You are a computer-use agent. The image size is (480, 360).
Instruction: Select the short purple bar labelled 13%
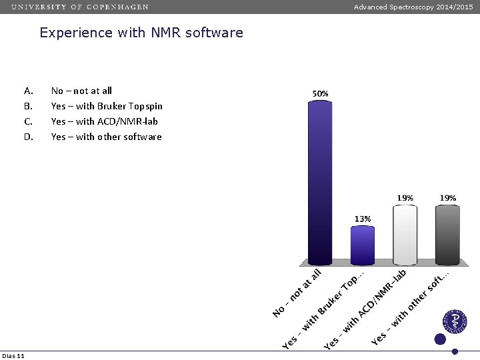pyautogui.click(x=363, y=245)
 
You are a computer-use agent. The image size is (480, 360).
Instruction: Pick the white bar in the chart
pyautogui.click(x=405, y=235)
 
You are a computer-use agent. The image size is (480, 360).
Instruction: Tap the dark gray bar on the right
pyautogui.click(x=447, y=235)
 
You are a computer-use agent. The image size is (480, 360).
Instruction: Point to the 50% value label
pyautogui.click(x=320, y=94)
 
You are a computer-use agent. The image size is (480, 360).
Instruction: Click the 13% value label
pyautogui.click(x=363, y=219)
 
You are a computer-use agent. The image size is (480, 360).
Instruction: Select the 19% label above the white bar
pyautogui.click(x=405, y=198)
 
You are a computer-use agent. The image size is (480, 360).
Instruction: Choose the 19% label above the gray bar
pyautogui.click(x=447, y=198)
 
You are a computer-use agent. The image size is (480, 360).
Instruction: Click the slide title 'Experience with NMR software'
pyautogui.click(x=141, y=33)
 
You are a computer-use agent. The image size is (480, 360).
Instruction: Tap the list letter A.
pyautogui.click(x=28, y=91)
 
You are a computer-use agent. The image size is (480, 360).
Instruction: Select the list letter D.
pyautogui.click(x=28, y=137)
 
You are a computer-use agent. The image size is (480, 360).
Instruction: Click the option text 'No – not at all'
pyautogui.click(x=81, y=91)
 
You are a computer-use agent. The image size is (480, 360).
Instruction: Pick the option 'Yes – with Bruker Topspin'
pyautogui.click(x=107, y=106)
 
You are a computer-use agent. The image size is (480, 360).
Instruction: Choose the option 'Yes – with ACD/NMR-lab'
pyautogui.click(x=104, y=121)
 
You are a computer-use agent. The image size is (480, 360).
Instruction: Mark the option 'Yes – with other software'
pyautogui.click(x=106, y=137)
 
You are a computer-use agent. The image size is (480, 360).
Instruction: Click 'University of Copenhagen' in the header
pyautogui.click(x=80, y=7)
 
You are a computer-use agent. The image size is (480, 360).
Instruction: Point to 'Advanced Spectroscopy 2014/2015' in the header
pyautogui.click(x=413, y=7)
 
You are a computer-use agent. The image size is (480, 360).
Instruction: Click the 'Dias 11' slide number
pyautogui.click(x=13, y=355)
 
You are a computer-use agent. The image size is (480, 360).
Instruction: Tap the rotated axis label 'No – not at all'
pyautogui.click(x=297, y=293)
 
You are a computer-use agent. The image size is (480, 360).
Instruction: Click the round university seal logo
pyautogui.click(x=456, y=321)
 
